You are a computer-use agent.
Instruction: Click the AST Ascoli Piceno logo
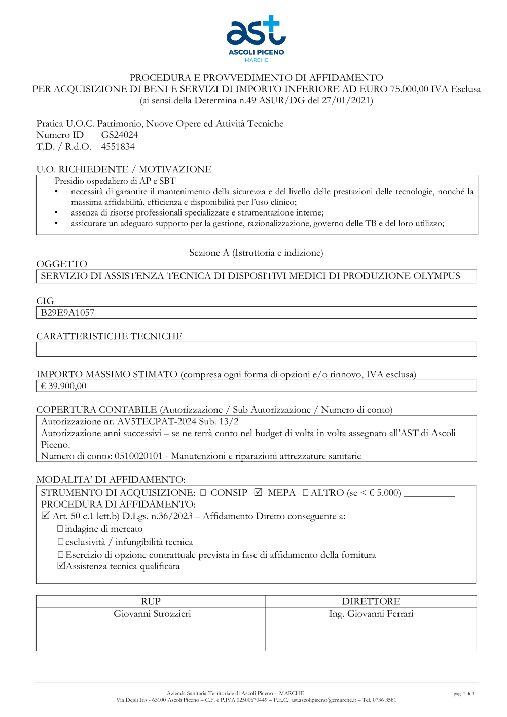(256, 38)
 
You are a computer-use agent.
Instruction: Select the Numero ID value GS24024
(119, 135)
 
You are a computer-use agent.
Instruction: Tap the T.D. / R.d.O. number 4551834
(118, 147)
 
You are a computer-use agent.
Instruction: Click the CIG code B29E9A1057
(67, 313)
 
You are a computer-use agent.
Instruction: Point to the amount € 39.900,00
(63, 386)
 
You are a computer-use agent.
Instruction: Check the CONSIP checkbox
(203, 492)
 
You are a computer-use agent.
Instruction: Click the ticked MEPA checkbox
(258, 492)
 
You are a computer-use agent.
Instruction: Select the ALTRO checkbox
(305, 492)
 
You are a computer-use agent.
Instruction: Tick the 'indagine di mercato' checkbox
(60, 529)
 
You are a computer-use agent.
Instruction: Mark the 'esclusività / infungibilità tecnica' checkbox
(60, 542)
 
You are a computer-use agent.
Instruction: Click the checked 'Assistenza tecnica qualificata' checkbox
(61, 566)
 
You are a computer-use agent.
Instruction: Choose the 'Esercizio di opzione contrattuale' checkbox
(60, 555)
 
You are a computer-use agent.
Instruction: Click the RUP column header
(151, 601)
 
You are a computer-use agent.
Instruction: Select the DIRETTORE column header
(371, 601)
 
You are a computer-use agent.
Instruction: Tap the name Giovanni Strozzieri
(152, 614)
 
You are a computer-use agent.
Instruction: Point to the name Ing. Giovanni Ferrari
(371, 614)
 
